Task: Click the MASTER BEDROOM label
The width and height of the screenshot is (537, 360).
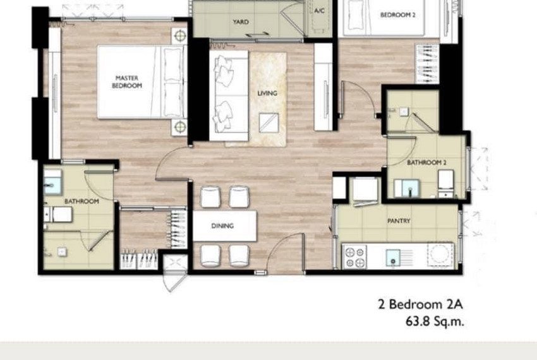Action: coord(127,82)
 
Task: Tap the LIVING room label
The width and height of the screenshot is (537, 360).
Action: coord(267,93)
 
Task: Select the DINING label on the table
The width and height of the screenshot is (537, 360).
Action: coord(222,225)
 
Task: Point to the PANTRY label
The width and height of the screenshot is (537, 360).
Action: coord(399,221)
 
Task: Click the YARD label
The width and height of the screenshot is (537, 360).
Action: coord(241,22)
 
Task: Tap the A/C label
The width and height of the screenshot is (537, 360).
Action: coord(319,11)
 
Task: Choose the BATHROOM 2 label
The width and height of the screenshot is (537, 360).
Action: coord(426,162)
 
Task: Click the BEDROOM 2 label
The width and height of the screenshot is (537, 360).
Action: coord(398,15)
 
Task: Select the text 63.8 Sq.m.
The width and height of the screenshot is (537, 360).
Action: coord(435,321)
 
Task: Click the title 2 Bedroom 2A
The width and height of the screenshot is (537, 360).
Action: coord(421,304)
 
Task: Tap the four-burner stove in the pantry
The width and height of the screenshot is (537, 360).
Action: coord(355,257)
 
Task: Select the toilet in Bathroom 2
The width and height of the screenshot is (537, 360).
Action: coord(446,183)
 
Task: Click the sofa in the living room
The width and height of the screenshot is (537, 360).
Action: coord(229,95)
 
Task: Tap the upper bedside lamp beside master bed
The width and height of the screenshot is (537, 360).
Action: coord(179,35)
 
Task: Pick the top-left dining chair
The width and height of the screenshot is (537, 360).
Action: coord(210,197)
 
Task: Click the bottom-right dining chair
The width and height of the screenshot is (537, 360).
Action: coord(239,256)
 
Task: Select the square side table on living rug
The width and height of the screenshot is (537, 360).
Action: coord(269,123)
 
